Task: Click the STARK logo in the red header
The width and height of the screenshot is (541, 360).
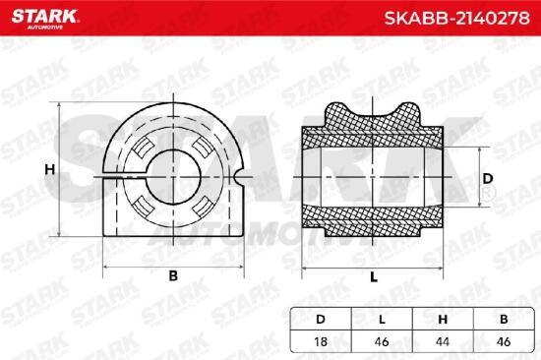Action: click(45, 19)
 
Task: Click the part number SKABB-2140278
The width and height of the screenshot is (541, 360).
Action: click(457, 18)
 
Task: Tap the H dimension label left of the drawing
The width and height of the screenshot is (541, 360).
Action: click(50, 169)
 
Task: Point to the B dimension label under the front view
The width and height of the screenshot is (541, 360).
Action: click(173, 275)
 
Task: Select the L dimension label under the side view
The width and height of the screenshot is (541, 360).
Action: click(374, 276)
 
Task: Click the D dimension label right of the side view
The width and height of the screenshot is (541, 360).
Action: click(488, 178)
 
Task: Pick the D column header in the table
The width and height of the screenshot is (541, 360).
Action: click(321, 320)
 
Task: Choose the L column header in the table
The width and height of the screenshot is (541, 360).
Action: click(382, 320)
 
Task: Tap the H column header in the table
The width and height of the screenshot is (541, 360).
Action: click(443, 320)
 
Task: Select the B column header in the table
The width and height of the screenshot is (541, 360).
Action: click(504, 320)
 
